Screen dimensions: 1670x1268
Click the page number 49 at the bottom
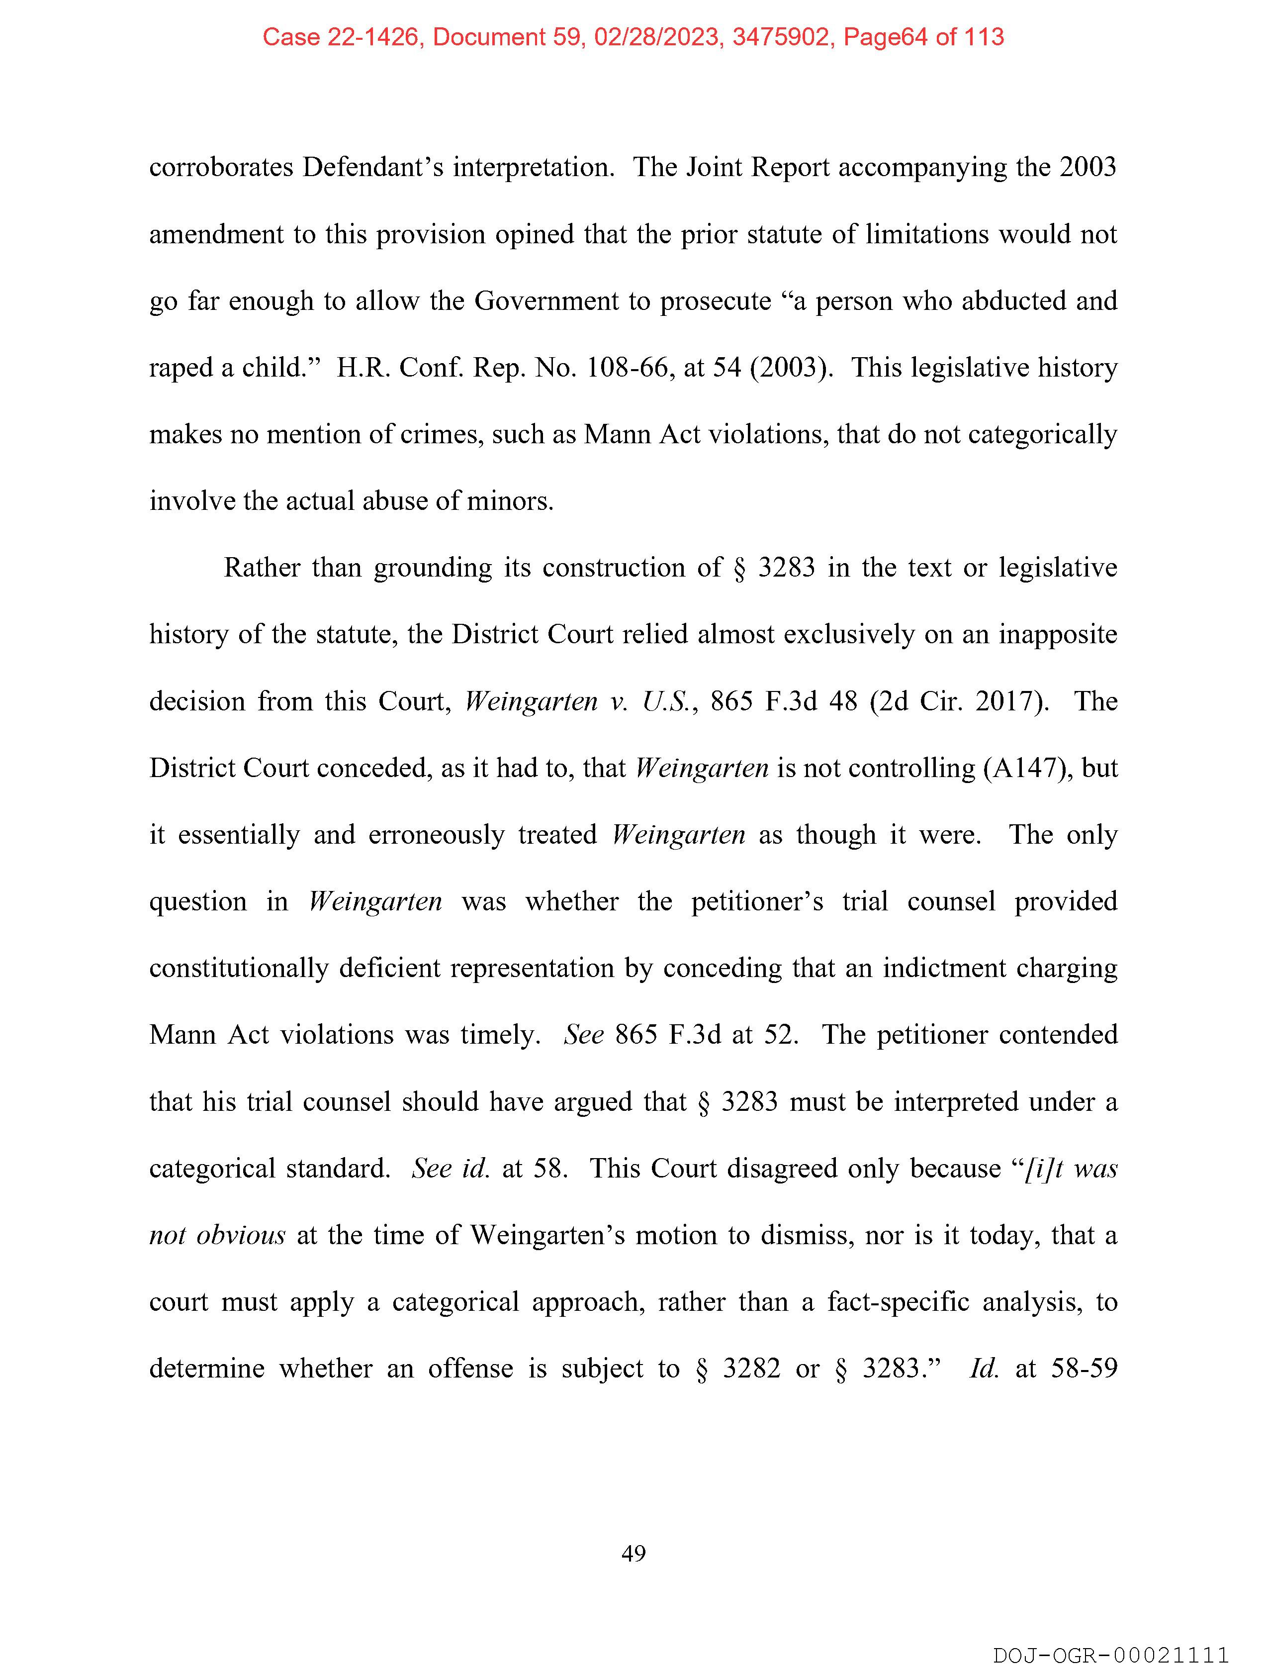pyautogui.click(x=633, y=1554)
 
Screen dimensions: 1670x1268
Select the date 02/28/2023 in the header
pyautogui.click(x=656, y=37)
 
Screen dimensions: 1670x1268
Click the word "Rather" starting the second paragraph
pyautogui.click(x=262, y=568)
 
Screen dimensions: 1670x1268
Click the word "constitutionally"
pyautogui.click(x=239, y=969)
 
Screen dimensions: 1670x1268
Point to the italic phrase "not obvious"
pyautogui.click(x=217, y=1236)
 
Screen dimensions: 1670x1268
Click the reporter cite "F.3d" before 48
pyautogui.click(x=791, y=701)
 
